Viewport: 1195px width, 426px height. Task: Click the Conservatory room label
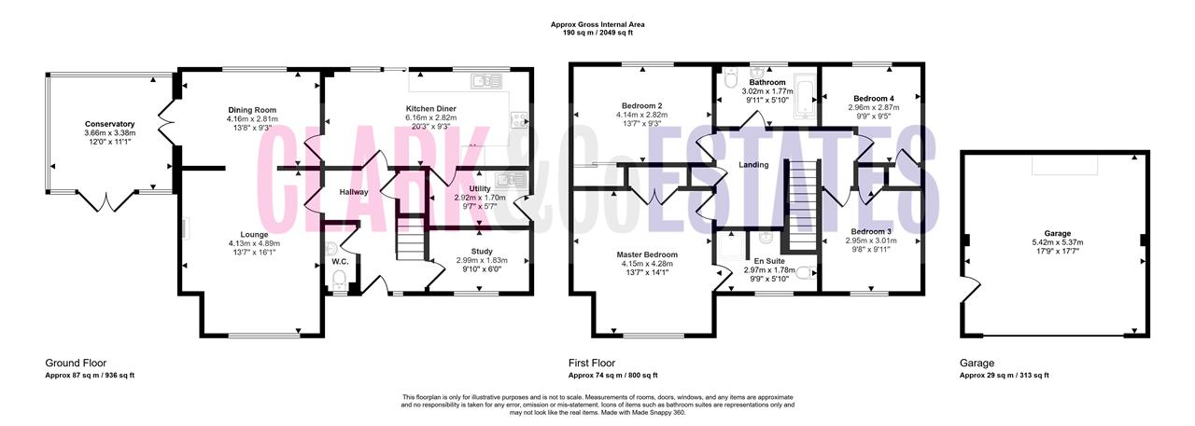109,124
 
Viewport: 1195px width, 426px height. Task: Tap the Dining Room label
252,110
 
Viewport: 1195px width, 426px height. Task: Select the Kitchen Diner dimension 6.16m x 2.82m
431,117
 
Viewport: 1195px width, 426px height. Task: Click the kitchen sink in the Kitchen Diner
486,81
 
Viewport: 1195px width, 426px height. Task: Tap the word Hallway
354,192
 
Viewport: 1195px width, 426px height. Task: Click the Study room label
482,252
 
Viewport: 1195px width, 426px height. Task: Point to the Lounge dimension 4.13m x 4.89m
254,243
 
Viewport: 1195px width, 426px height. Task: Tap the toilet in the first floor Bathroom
730,78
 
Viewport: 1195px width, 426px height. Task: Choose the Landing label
753,165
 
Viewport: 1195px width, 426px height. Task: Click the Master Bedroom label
647,255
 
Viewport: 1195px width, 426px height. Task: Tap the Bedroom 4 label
874,99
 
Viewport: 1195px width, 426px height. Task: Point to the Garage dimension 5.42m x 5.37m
1058,242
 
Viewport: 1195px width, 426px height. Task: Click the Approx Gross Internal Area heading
597,24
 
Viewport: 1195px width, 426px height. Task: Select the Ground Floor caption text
76,364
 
